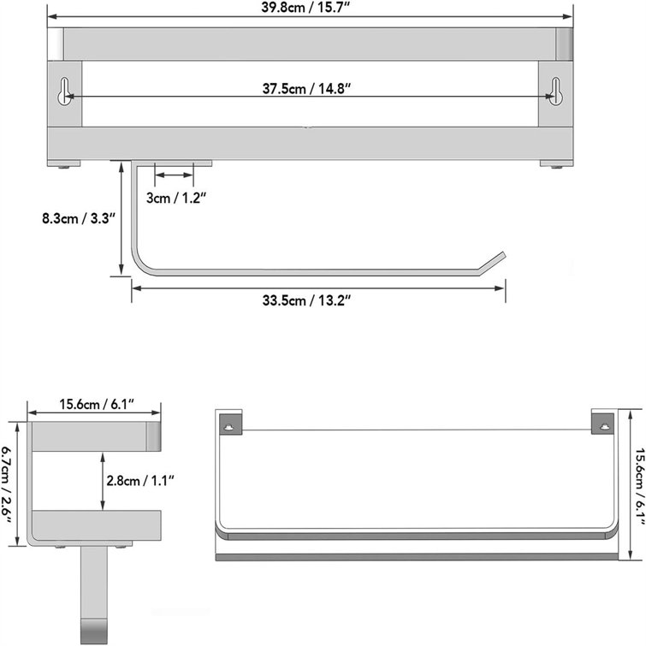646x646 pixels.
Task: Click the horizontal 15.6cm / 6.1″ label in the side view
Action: (x=97, y=403)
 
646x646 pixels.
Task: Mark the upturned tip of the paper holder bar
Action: (x=494, y=260)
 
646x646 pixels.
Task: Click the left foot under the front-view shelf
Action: (x=65, y=167)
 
